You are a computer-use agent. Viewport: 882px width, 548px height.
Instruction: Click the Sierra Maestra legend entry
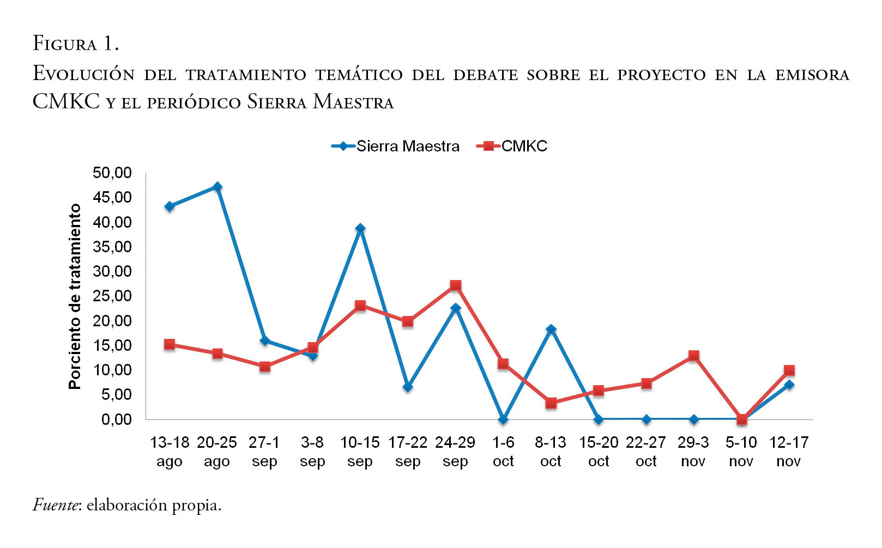click(x=396, y=146)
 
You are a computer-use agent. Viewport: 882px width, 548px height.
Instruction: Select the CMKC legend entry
click(x=512, y=146)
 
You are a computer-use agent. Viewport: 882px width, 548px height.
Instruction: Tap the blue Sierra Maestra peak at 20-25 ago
click(x=218, y=187)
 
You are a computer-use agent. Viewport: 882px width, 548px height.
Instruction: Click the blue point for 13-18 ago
click(x=170, y=206)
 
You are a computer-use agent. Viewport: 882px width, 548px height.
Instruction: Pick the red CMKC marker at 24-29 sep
click(x=456, y=285)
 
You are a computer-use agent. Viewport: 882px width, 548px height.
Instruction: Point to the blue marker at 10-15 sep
click(x=360, y=228)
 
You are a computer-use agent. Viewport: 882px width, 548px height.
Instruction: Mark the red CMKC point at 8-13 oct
click(x=551, y=403)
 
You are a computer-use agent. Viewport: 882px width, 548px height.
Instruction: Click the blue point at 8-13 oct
click(x=551, y=329)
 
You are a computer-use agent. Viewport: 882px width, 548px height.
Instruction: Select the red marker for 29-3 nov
click(x=694, y=356)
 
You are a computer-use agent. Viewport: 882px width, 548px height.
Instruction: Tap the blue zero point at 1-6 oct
click(x=503, y=419)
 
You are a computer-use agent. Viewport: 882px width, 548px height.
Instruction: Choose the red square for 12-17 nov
click(x=789, y=370)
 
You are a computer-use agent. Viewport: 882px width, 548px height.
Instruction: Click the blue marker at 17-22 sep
click(x=408, y=387)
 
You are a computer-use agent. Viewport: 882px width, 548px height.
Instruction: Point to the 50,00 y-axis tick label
click(x=112, y=173)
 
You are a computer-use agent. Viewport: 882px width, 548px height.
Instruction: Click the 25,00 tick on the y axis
click(x=112, y=296)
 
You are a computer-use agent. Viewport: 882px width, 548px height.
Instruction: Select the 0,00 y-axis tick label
click(x=116, y=419)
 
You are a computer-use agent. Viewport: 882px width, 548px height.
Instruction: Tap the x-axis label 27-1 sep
click(x=265, y=452)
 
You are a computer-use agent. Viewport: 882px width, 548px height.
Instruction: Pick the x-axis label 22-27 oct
click(x=646, y=452)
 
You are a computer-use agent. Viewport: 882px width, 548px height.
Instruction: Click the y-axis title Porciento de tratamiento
click(x=75, y=296)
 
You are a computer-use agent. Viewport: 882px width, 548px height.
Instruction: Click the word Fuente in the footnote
click(x=56, y=505)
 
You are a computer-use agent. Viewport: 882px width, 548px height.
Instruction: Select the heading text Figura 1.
click(x=76, y=44)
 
